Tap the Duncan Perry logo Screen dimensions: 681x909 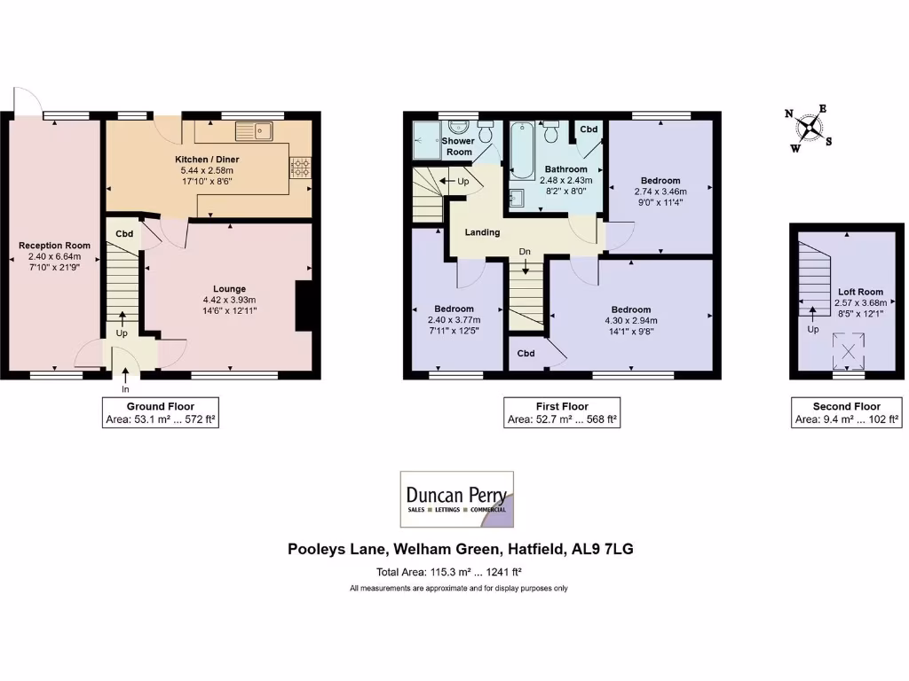456,500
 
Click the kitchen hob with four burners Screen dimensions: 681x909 300,168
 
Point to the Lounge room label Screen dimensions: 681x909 229,288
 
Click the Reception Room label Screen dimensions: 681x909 54,246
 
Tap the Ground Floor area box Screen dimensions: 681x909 159,412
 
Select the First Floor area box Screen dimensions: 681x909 561,412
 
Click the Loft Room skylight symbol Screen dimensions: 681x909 850,351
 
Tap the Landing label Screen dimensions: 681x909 482,232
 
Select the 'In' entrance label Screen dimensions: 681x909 125,388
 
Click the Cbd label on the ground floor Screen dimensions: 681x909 124,234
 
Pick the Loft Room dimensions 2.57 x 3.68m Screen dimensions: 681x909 860,302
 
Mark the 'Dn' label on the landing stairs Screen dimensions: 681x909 525,251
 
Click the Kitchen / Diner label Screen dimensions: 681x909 207,160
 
